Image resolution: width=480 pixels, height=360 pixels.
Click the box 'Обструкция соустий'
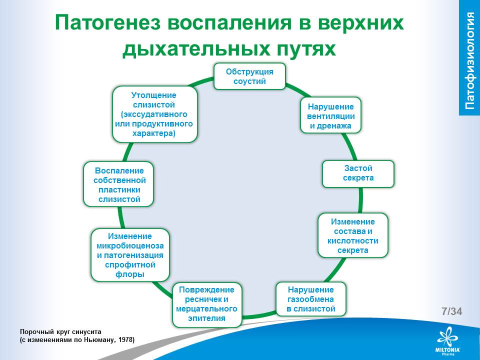[249, 76]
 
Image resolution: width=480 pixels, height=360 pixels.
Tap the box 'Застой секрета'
[358, 173]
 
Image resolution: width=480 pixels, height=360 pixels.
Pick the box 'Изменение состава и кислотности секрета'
[353, 235]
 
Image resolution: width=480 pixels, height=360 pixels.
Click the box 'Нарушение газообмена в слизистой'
[310, 299]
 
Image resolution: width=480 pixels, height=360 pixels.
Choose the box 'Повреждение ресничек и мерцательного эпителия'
[207, 303]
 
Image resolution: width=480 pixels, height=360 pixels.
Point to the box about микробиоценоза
[130, 254]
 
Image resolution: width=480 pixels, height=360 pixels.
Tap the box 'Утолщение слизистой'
[154, 114]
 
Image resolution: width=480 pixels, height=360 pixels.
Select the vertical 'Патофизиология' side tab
[469, 59]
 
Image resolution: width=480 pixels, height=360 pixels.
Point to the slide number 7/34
[452, 311]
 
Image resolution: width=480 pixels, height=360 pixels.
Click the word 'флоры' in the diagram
[130, 274]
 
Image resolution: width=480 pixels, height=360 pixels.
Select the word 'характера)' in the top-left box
[154, 133]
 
